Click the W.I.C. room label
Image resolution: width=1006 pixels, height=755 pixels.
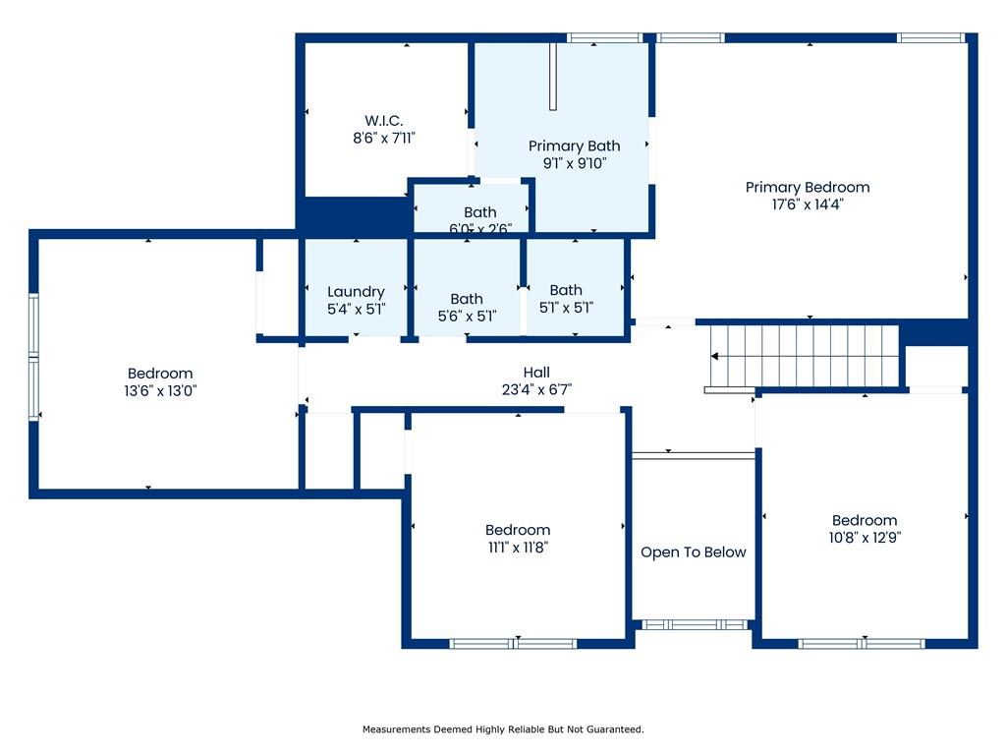384,120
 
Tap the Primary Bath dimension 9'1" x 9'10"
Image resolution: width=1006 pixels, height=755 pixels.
574,163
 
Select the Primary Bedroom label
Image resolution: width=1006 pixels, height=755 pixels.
808,187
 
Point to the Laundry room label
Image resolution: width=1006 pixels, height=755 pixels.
356,292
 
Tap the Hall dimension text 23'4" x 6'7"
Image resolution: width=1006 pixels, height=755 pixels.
536,389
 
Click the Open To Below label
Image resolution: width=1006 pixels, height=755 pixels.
693,552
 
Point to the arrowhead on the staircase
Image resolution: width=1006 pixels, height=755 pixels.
714,356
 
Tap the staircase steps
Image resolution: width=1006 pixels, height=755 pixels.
804,356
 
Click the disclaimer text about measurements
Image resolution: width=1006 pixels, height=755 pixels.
503,729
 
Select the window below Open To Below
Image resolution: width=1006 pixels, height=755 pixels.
695,624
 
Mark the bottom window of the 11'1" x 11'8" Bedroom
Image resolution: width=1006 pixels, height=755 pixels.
513,643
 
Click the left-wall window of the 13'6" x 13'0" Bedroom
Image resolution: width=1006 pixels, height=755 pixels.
33,357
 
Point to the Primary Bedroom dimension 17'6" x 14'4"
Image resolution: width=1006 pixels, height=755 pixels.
808,204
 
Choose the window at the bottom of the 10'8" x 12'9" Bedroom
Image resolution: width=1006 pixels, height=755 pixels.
862,643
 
